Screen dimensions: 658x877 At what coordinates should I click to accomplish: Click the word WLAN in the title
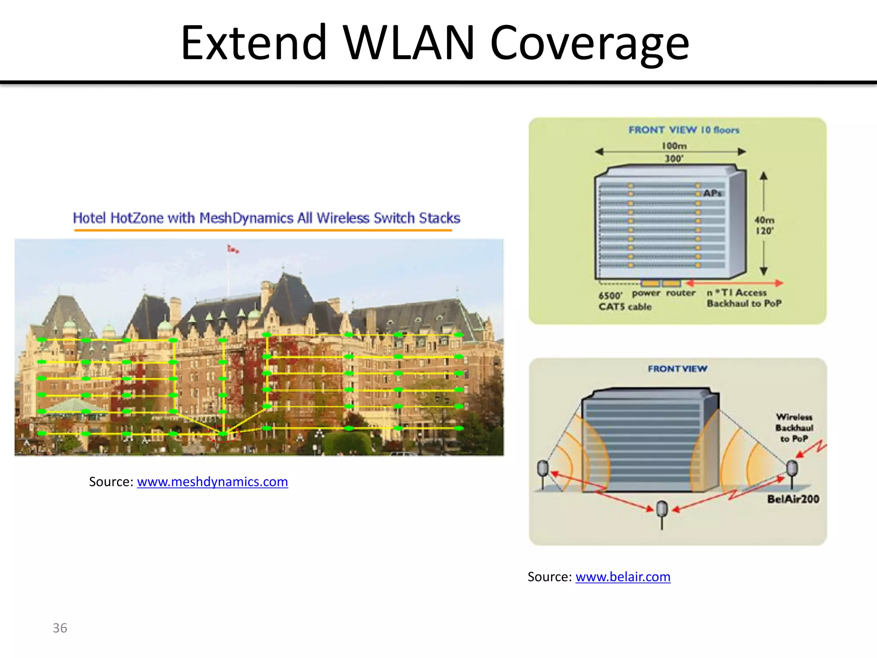[409, 43]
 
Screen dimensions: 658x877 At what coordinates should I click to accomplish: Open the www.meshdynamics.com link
[212, 482]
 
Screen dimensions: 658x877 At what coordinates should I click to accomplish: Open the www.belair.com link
[623, 577]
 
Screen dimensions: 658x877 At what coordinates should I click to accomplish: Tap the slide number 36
[60, 628]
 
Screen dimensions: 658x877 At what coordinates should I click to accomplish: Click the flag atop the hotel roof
[233, 249]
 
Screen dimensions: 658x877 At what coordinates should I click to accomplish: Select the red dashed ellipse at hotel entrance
[223, 434]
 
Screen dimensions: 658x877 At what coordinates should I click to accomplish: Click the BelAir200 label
[793, 499]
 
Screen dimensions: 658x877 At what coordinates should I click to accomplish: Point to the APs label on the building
[713, 193]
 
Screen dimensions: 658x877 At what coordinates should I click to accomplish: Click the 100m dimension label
[674, 146]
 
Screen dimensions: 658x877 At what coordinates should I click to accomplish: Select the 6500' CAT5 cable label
[624, 301]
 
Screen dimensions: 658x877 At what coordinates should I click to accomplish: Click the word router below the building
[680, 293]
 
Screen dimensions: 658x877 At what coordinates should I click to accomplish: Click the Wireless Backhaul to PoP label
[794, 428]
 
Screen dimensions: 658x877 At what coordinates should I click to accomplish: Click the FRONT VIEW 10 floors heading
[684, 130]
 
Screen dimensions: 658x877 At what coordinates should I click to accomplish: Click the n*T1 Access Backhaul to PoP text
[744, 298]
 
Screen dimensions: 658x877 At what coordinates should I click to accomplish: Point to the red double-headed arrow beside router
[734, 283]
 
